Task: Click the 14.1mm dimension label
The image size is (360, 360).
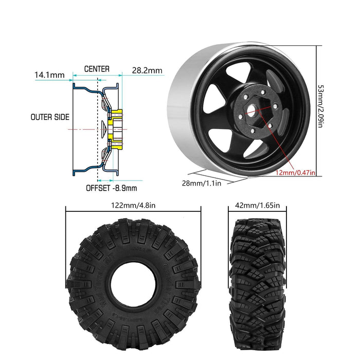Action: coord(49,75)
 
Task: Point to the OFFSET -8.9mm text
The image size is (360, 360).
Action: coord(111,188)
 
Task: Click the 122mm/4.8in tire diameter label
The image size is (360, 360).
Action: coord(132,206)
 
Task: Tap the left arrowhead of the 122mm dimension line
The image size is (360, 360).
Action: coord(68,210)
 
